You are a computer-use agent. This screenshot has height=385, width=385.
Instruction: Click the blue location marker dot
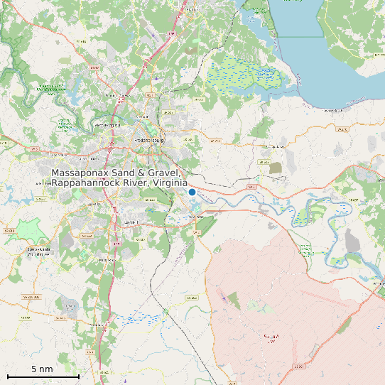coord(192,192)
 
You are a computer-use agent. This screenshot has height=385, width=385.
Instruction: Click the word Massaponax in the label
coord(80,173)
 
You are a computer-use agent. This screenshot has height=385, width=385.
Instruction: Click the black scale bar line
coord(43,376)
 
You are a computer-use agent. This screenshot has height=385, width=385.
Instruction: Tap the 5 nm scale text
coord(43,369)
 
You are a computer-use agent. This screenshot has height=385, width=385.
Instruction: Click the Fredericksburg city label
coord(149,140)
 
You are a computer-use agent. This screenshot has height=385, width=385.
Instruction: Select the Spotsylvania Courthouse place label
coord(39,251)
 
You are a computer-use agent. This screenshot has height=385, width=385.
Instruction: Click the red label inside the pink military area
coord(271,337)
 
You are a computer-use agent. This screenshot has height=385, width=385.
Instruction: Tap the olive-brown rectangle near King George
coord(276,168)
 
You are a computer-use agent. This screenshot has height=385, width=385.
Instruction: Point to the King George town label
coord(274,147)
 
